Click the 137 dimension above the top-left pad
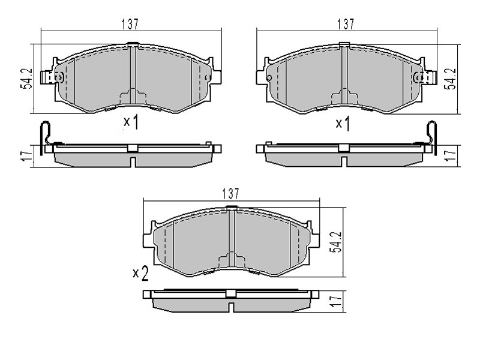point(130,24)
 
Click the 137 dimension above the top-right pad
point(346,24)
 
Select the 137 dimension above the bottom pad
point(230,193)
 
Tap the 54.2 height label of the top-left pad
point(26,79)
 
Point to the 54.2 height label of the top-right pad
point(451,79)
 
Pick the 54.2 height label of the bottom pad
point(335,242)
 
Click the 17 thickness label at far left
point(26,156)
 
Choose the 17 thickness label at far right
point(451,156)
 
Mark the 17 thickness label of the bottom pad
point(336,301)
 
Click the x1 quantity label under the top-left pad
point(131,122)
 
